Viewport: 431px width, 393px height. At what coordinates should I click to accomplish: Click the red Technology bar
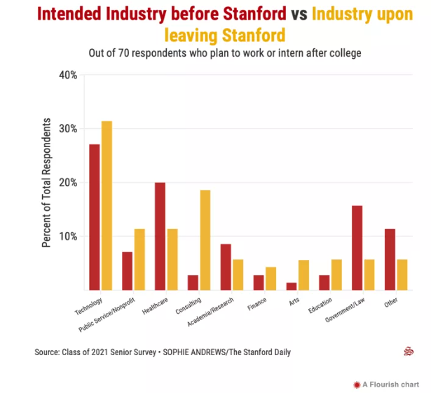click(94, 217)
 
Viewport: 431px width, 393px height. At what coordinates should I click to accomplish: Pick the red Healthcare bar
click(160, 236)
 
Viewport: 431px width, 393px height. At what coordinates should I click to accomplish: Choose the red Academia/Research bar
click(225, 266)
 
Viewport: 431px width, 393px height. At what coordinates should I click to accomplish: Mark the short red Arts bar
click(291, 286)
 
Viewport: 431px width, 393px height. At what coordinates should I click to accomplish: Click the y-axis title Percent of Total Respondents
click(47, 182)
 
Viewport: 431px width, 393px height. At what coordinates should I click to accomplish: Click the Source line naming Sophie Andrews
click(163, 352)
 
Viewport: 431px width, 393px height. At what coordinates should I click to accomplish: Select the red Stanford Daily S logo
click(409, 352)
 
